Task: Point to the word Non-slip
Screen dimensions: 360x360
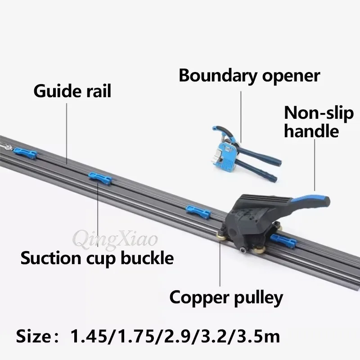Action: pos(319,113)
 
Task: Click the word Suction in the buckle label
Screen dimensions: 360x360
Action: pos(51,258)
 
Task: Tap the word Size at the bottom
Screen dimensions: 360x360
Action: pos(33,337)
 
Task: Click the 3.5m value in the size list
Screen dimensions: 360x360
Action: pos(258,337)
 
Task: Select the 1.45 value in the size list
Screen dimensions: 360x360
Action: pos(89,337)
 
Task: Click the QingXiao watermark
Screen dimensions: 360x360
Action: pos(115,240)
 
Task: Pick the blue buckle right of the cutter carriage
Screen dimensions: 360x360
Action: pos(283,241)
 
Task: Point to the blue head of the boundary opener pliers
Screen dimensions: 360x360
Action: pos(224,153)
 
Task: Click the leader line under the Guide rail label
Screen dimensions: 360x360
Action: pos(67,134)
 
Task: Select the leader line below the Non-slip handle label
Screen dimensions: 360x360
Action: pos(315,165)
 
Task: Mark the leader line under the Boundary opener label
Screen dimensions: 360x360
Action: pos(241,117)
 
